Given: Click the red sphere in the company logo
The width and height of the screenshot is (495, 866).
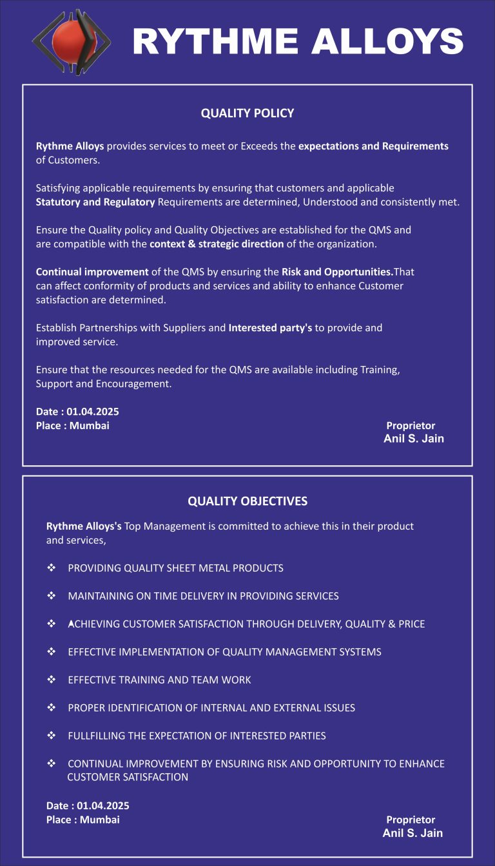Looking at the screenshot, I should pyautogui.click(x=70, y=41).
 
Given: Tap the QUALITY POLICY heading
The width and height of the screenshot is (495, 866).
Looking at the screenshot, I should pyautogui.click(x=247, y=113).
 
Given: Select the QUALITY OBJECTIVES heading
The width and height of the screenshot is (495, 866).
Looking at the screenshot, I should pyautogui.click(x=247, y=501).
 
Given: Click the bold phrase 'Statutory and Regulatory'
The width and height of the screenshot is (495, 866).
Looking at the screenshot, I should pyautogui.click(x=95, y=202).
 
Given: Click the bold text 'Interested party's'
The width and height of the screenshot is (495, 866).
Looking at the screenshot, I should pyautogui.click(x=270, y=328).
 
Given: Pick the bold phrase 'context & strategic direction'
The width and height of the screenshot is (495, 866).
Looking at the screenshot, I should pyautogui.click(x=217, y=244).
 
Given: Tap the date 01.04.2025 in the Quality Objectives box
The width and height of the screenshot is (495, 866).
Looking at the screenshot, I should pyautogui.click(x=103, y=806).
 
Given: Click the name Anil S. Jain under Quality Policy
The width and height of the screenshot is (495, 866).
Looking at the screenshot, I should pyautogui.click(x=414, y=439).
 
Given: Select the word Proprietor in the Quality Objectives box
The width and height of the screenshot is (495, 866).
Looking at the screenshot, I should pyautogui.click(x=411, y=820).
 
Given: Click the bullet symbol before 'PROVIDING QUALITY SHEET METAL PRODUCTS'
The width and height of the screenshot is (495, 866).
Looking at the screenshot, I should pyautogui.click(x=51, y=568).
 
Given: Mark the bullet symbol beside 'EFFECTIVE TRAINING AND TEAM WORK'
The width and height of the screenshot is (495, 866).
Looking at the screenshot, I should pyautogui.click(x=51, y=680).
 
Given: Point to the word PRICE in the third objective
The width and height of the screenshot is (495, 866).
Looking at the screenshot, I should pyautogui.click(x=411, y=624).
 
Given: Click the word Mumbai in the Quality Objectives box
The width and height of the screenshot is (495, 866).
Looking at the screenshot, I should pyautogui.click(x=100, y=820).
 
